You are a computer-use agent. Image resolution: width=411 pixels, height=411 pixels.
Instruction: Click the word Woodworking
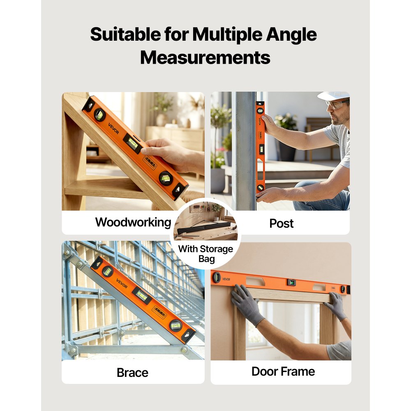133,222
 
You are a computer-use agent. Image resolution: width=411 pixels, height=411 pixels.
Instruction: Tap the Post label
281,223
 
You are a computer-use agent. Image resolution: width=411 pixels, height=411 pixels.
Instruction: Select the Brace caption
132,372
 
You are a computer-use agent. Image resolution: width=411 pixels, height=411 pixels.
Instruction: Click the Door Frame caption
283,372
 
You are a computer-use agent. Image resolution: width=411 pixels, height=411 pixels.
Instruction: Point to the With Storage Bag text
206,254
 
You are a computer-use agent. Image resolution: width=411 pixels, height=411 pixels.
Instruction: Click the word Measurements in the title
205,58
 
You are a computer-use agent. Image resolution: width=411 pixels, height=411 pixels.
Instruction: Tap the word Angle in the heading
291,35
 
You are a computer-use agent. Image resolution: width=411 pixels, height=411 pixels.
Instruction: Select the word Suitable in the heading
125,35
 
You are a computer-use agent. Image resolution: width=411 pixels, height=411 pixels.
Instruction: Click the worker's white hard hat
334,96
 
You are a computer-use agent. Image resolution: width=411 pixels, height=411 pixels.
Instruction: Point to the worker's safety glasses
337,104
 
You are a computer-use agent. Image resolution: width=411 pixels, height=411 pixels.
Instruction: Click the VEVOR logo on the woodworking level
113,128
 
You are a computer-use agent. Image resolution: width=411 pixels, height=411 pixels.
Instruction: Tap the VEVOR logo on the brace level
122,284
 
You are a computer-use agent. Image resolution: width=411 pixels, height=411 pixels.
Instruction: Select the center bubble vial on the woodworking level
132,143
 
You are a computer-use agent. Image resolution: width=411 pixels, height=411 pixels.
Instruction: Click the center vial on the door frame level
291,282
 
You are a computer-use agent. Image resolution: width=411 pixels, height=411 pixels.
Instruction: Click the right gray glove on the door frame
336,306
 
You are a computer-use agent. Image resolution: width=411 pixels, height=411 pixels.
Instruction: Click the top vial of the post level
260,111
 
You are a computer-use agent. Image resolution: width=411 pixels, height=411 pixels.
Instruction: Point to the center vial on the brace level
142,295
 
